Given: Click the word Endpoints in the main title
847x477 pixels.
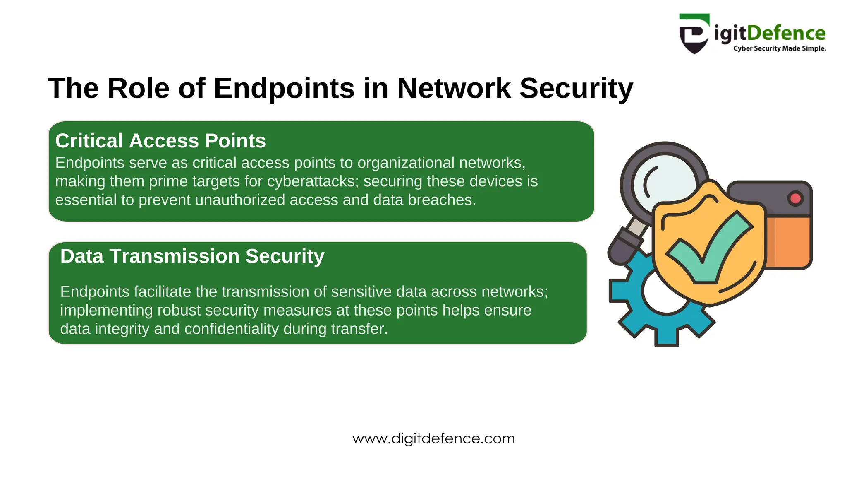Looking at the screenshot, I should click(284, 88).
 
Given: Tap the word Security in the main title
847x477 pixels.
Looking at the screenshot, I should click(576, 88).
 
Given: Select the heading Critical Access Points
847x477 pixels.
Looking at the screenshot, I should click(160, 141).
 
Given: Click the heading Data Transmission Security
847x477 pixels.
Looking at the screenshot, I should click(192, 256).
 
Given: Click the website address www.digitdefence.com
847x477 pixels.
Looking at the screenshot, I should click(433, 438).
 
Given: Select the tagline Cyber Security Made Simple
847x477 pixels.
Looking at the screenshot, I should click(780, 48).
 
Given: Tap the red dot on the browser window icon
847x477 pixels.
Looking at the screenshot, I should click(795, 198).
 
